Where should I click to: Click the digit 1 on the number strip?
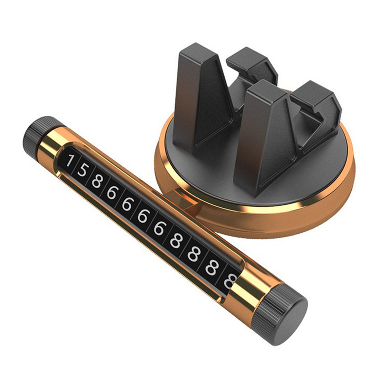coord(70,161)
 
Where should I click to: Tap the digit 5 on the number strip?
coord(82,170)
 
